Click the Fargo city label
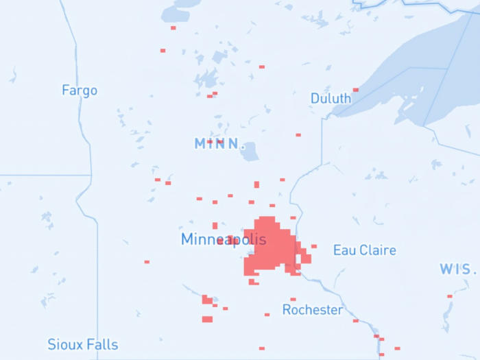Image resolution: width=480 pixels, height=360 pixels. coord(80,90)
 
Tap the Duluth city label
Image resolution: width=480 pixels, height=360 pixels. coord(331,98)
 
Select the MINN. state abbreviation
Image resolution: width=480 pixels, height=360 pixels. coord(219,144)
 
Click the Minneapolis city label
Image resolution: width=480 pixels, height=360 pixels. coord(223,239)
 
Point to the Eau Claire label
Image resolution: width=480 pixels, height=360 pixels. coord(364,250)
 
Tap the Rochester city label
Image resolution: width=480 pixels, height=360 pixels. coord(313,310)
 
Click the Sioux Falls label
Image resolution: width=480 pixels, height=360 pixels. coord(82,345)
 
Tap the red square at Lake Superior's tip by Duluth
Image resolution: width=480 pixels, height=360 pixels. coord(355,90)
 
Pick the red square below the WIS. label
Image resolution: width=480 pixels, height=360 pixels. coord(450,296)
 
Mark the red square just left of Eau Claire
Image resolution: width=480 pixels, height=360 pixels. coord(314,246)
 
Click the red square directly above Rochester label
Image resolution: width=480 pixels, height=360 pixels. coord(293,299)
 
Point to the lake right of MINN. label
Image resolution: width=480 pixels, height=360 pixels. coord(250,152)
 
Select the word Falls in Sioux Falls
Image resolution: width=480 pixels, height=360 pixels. coord(101,345)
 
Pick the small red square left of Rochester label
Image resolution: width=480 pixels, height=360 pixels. coord(267,314)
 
